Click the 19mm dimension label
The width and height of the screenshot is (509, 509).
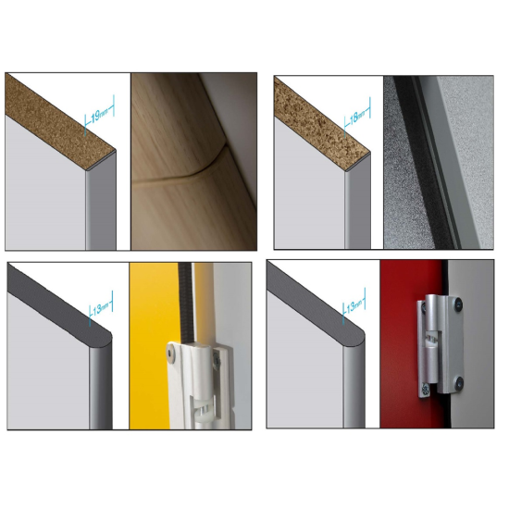coord(97,118)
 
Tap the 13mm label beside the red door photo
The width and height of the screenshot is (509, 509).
coord(356,306)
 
